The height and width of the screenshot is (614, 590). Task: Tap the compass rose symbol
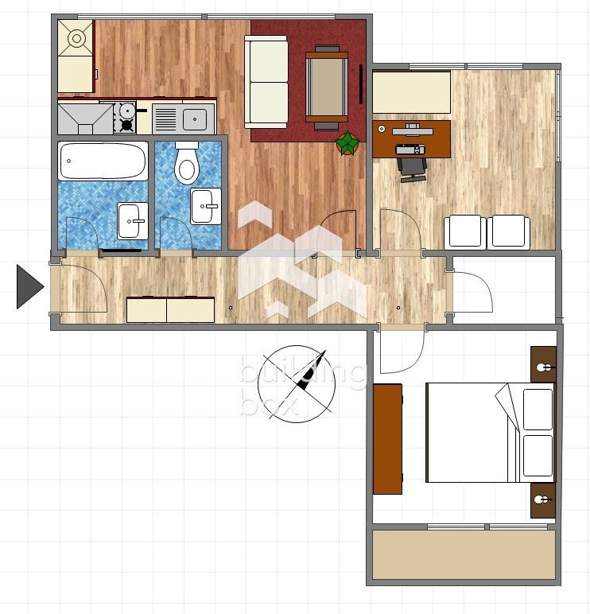click(x=297, y=384)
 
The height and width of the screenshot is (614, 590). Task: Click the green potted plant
click(x=347, y=143)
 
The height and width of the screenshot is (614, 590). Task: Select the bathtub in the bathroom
click(x=103, y=161)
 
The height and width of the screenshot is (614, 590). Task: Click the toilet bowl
click(x=187, y=162)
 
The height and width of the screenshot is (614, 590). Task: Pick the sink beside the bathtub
click(x=133, y=221)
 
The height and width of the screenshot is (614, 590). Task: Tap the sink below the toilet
click(x=205, y=206)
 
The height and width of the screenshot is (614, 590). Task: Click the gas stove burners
click(x=125, y=117)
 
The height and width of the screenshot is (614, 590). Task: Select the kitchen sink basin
click(x=195, y=119)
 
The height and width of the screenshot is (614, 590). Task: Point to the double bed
click(x=490, y=433)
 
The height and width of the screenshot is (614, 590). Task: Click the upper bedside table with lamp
click(x=543, y=364)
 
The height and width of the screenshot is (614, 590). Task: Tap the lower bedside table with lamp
click(x=543, y=500)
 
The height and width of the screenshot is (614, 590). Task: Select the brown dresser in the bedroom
click(x=387, y=439)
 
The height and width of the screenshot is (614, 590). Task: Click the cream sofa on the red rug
click(x=266, y=82)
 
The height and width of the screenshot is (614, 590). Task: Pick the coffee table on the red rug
click(x=327, y=87)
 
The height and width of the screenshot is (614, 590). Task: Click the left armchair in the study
click(x=464, y=231)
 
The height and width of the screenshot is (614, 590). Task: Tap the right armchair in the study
click(x=508, y=231)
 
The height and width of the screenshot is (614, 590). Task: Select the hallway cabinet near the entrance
click(x=171, y=309)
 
